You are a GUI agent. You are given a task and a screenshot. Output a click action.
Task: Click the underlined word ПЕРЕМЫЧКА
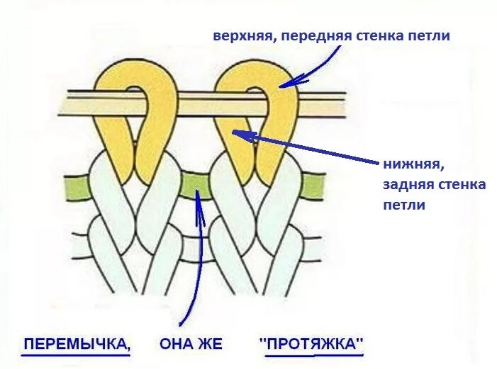[77, 345]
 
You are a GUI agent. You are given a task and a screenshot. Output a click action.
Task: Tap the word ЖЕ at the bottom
[211, 345]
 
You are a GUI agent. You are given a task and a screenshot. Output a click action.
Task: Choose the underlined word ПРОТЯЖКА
[312, 345]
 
